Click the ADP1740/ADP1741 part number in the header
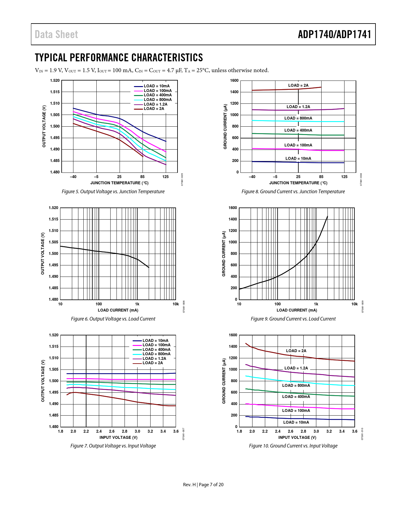(x=334, y=34)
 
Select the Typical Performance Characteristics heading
(x=119, y=58)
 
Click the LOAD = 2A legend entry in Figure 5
(x=154, y=109)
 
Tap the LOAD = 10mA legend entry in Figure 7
(x=155, y=340)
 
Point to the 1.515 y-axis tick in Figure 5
(x=55, y=92)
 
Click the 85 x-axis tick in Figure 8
(x=321, y=177)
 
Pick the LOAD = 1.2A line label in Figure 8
(x=298, y=107)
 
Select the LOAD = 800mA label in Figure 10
(x=296, y=386)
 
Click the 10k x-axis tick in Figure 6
(x=175, y=304)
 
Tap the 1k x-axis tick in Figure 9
(x=316, y=304)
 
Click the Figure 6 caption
(x=113, y=319)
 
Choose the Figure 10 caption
(x=293, y=446)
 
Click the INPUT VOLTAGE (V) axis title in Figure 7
(x=118, y=437)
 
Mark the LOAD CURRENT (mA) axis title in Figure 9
(x=297, y=310)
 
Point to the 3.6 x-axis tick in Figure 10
(x=354, y=431)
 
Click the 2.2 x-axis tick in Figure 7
(x=86, y=431)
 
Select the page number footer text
(x=203, y=485)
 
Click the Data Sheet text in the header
(x=56, y=34)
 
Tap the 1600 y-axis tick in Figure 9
(x=233, y=208)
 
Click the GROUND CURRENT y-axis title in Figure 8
(x=225, y=126)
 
